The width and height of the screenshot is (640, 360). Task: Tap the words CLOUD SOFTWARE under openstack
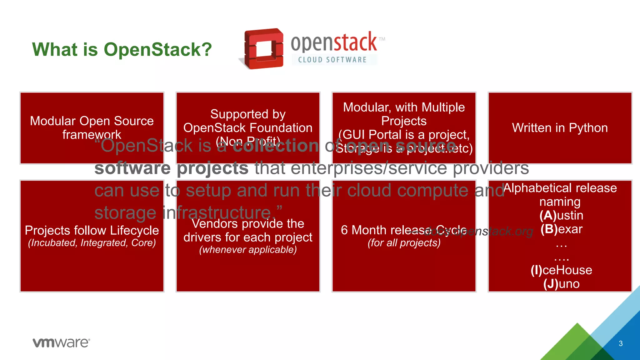tap(332, 60)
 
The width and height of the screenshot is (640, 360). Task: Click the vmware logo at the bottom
tap(61, 342)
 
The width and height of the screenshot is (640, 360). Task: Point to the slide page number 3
tap(621, 343)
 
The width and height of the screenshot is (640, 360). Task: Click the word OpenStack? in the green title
tap(158, 50)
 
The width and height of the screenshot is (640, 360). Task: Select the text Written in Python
tap(560, 128)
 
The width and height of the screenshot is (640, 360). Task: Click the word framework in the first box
tap(92, 135)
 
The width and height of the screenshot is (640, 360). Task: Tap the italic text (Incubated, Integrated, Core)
tap(92, 243)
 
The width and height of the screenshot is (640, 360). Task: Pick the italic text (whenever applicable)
tap(248, 250)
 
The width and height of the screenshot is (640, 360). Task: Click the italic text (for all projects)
tap(404, 243)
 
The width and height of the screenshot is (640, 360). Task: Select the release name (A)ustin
tap(561, 215)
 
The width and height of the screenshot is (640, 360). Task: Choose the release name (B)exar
tap(561, 229)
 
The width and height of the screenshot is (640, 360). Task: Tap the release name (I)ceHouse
tap(561, 270)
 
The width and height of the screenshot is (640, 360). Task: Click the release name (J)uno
tap(561, 284)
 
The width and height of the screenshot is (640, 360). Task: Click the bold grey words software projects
tap(171, 168)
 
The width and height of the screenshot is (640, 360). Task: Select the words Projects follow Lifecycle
tap(92, 230)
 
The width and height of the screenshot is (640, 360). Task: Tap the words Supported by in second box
tap(248, 114)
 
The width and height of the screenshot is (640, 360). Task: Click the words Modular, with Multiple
tap(404, 107)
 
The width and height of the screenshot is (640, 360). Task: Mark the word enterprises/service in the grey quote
tap(369, 168)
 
